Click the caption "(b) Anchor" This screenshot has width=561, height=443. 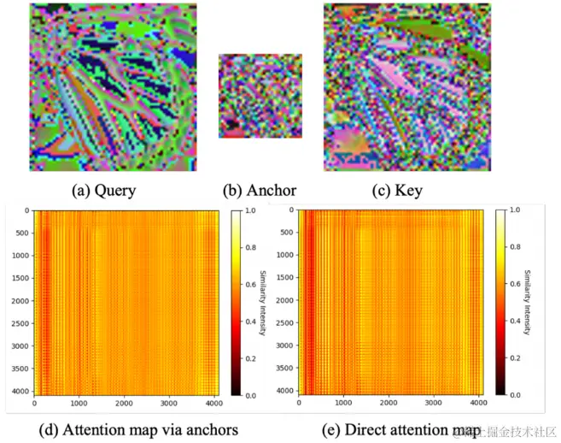(259, 190)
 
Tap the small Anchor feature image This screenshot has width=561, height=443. (260, 96)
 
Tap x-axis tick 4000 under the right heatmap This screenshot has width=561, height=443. (480, 403)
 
